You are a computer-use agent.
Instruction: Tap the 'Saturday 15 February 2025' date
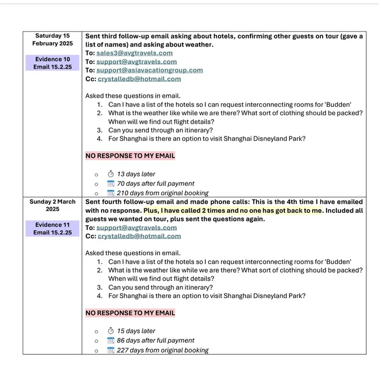click(52, 39)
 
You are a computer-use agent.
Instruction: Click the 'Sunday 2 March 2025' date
click(52, 205)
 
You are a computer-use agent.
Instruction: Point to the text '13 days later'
click(136, 174)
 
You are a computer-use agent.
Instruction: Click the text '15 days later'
click(136, 331)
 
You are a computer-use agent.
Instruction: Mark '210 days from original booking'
click(162, 193)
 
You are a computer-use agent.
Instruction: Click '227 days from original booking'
click(162, 350)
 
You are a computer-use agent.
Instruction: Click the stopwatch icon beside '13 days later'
click(111, 174)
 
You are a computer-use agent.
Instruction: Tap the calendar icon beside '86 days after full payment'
click(111, 341)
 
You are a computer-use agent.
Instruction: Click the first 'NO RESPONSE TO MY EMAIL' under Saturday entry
click(130, 156)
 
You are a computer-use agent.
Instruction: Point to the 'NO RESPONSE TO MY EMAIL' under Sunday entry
click(130, 313)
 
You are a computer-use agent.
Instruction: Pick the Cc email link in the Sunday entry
click(139, 236)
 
